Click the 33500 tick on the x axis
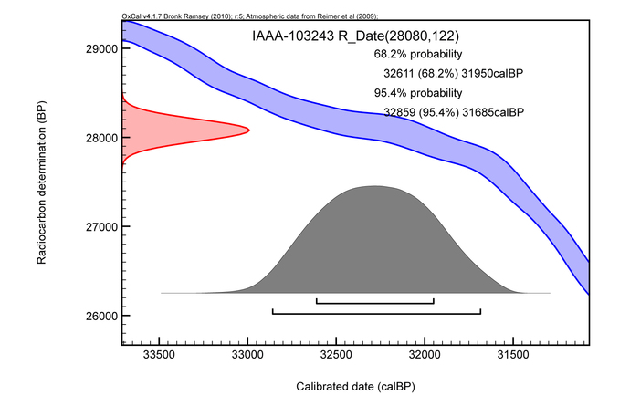[x=159, y=353]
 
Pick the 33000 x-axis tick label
[x=247, y=353]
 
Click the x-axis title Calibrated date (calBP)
[x=355, y=386]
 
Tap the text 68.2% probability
[x=408, y=54]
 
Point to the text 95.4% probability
[x=408, y=93]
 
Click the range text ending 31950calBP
[x=454, y=73]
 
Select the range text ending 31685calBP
[x=454, y=112]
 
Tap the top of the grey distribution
[x=374, y=186]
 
